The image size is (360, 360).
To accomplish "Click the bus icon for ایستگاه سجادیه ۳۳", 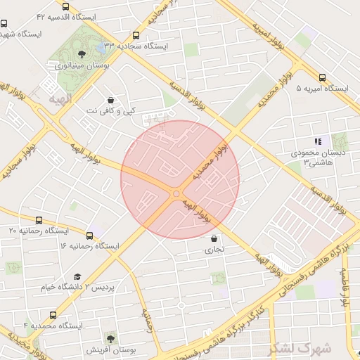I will (x=136, y=35).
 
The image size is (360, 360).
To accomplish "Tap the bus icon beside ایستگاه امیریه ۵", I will (x=322, y=78).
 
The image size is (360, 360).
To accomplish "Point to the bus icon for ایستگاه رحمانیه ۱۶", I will (x=89, y=235).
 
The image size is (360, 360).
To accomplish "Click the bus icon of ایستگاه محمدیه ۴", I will (x=53, y=315).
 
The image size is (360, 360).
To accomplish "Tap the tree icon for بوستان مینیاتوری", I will (x=82, y=54).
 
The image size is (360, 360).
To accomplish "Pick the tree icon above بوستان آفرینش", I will (x=110, y=338).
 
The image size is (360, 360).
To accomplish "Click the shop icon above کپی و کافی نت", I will (x=110, y=100).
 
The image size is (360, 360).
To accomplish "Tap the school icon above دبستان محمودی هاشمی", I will (x=317, y=141).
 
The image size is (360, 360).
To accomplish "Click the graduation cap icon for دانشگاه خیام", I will (x=77, y=277).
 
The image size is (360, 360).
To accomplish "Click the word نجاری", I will (x=213, y=250).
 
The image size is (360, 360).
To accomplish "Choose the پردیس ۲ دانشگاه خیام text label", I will (x=114, y=288).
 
